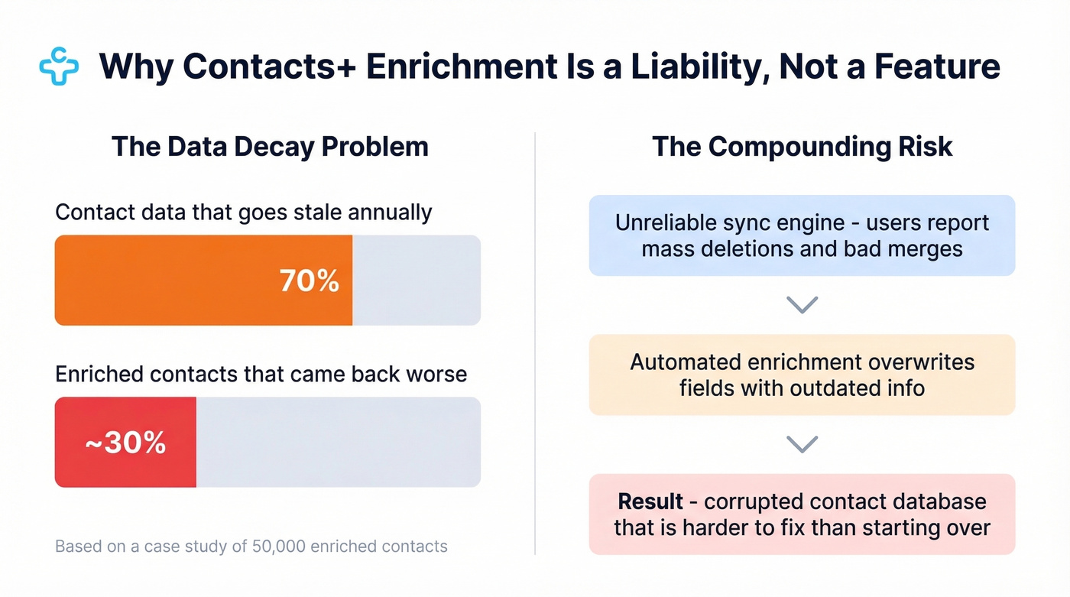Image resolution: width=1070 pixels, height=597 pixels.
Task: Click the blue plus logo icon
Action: coord(59,67)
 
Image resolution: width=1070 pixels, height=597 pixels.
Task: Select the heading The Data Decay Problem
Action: coord(270,147)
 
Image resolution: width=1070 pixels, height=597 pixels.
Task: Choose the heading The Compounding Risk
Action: coord(802,147)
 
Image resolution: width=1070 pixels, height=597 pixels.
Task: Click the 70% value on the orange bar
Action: coord(309,281)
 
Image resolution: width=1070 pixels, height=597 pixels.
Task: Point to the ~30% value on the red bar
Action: coord(125,442)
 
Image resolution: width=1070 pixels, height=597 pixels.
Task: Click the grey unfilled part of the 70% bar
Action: coord(417,281)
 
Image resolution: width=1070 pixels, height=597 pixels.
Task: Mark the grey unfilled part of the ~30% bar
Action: coord(338,442)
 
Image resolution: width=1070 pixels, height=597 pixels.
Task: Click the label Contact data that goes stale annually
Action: coord(244,212)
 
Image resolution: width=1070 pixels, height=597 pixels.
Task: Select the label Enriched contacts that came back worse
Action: coord(261,374)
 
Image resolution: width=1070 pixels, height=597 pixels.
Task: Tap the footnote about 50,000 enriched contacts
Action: coord(251,547)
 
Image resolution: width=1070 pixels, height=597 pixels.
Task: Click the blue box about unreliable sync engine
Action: coord(802,235)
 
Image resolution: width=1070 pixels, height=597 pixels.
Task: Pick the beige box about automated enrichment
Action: coord(802,375)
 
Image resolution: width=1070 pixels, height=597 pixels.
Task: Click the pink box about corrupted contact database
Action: coord(802,514)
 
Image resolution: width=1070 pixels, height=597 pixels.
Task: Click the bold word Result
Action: coord(650,501)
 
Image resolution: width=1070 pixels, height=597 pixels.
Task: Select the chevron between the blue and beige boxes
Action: coord(802,305)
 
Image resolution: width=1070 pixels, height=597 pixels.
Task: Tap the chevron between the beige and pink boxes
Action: coord(802,444)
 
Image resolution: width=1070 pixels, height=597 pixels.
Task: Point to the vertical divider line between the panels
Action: coord(535,344)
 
